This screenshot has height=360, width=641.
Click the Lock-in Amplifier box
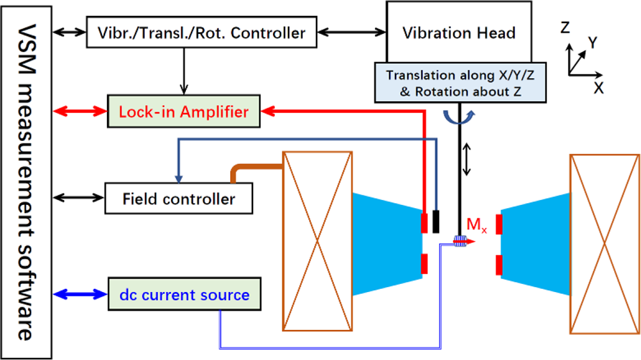185,112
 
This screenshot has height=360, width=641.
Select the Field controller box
179,199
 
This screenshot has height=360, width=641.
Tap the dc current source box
185,295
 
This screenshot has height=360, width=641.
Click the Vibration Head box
459,32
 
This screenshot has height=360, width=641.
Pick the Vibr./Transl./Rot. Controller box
202,32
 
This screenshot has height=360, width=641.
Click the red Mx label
475,225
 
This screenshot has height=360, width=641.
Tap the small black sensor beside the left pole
436,221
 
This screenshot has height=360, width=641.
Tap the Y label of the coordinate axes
593,43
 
